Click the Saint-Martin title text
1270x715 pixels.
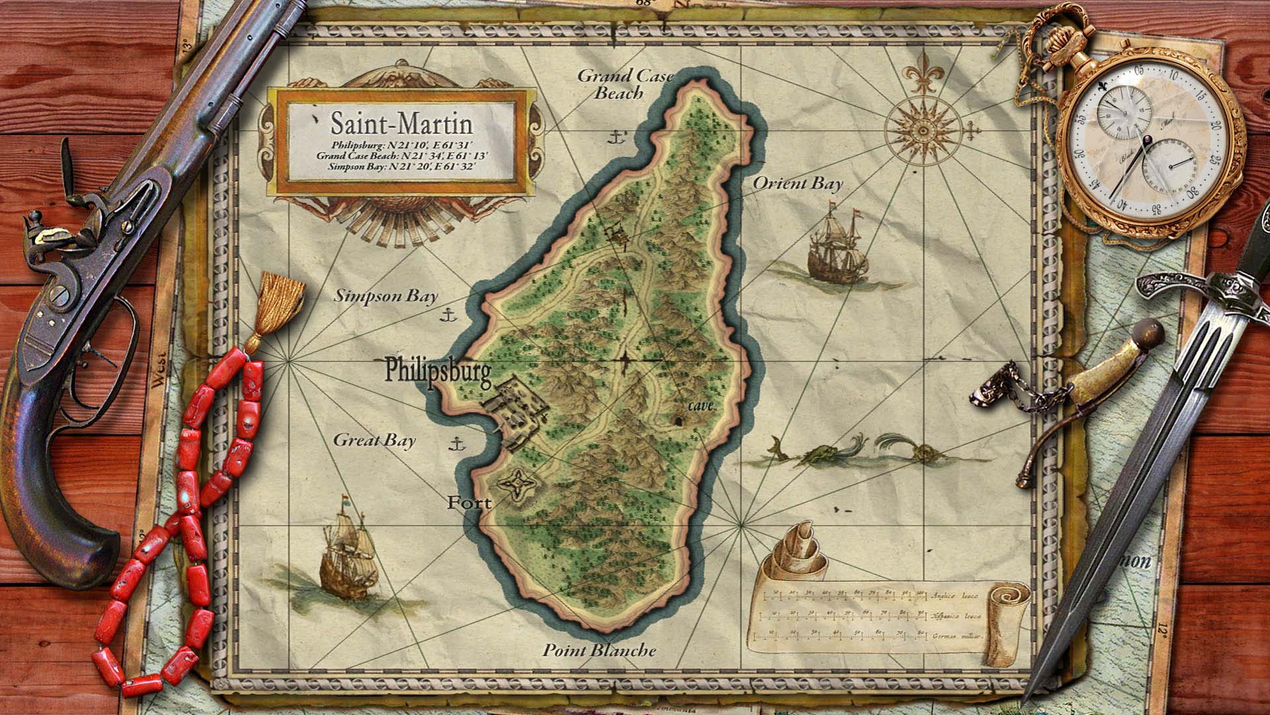click(402, 124)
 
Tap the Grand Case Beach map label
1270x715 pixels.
click(624, 84)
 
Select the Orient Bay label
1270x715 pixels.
click(798, 183)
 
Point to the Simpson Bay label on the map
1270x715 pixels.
click(386, 296)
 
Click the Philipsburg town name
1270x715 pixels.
click(438, 371)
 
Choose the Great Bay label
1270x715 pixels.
click(374, 440)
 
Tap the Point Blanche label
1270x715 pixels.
click(599, 650)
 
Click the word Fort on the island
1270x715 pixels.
click(469, 503)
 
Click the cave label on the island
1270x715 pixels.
click(700, 406)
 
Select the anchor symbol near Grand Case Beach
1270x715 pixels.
click(617, 138)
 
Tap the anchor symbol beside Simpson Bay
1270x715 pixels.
click(448, 314)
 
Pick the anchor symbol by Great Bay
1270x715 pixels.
click(456, 444)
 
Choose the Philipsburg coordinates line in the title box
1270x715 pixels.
click(402, 145)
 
